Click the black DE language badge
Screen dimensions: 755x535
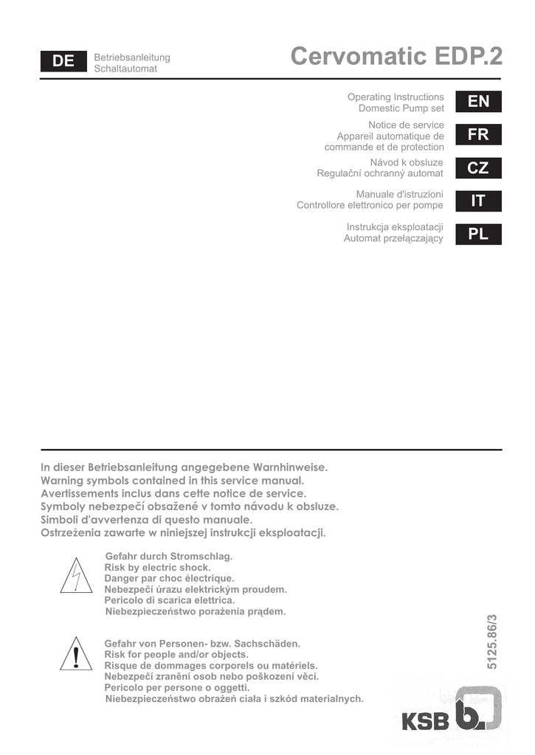(x=63, y=62)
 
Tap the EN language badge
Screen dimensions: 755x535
(x=478, y=102)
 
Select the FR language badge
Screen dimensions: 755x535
(x=478, y=135)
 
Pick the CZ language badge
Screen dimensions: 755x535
(x=478, y=168)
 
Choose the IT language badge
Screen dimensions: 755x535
(x=478, y=201)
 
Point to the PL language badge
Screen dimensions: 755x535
(x=478, y=234)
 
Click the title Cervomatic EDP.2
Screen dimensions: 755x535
(x=396, y=57)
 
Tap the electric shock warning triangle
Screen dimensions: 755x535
(x=76, y=577)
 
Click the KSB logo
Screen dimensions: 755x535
(x=452, y=714)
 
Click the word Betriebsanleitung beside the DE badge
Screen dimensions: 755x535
(x=132, y=58)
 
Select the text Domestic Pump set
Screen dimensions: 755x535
(x=401, y=108)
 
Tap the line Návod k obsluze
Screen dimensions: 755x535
(x=407, y=162)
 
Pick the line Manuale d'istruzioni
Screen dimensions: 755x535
(x=399, y=194)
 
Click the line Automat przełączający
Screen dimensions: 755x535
(x=393, y=238)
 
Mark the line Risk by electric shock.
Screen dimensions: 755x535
(x=157, y=567)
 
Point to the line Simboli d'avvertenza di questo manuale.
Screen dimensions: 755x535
(x=147, y=520)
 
